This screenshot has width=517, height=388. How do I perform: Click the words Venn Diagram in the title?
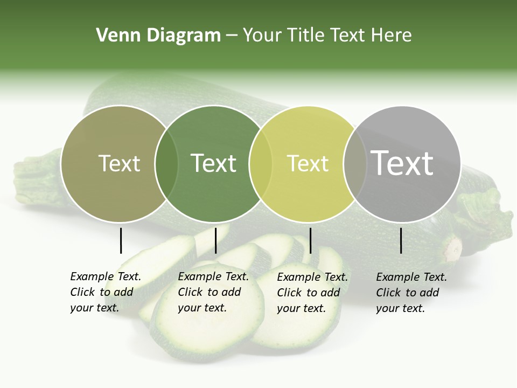click(x=158, y=36)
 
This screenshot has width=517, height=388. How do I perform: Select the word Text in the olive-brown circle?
click(x=119, y=163)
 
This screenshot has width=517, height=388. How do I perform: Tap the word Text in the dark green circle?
click(x=214, y=163)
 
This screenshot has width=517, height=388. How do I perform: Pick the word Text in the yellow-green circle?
click(x=308, y=163)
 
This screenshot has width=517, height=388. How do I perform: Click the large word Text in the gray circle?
click(x=402, y=163)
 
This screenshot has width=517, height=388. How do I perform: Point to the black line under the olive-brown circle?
click(x=121, y=240)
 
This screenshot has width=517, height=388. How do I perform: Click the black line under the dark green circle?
click(x=215, y=240)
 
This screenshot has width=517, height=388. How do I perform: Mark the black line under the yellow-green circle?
click(x=310, y=240)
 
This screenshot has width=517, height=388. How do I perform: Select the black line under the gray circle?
click(x=401, y=240)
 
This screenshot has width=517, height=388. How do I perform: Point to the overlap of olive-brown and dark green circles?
click(x=166, y=163)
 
